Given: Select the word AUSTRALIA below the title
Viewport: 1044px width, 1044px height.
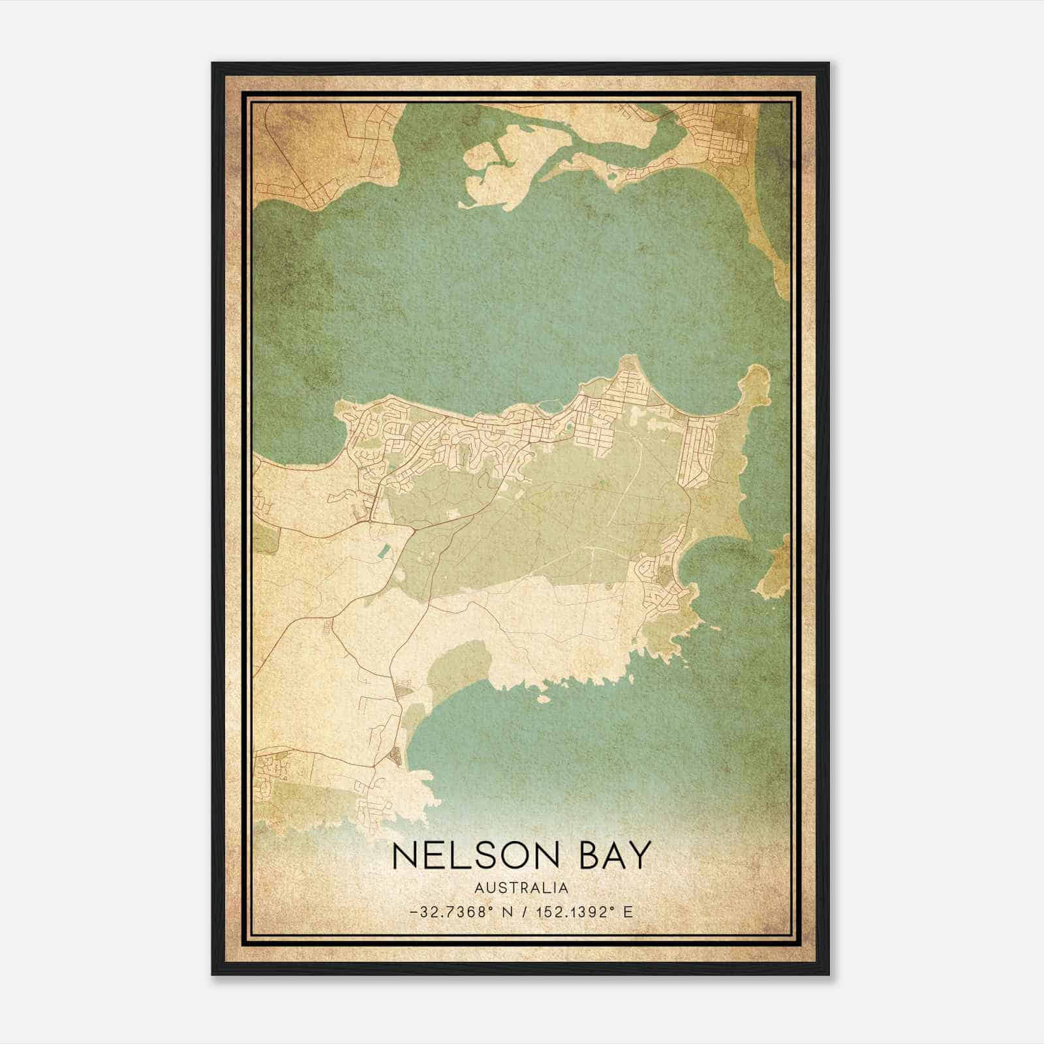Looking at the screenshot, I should coord(522,888).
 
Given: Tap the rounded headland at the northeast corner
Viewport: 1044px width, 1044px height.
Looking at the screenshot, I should coord(757,382).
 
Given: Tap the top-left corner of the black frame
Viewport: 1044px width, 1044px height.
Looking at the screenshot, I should coord(213,64).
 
